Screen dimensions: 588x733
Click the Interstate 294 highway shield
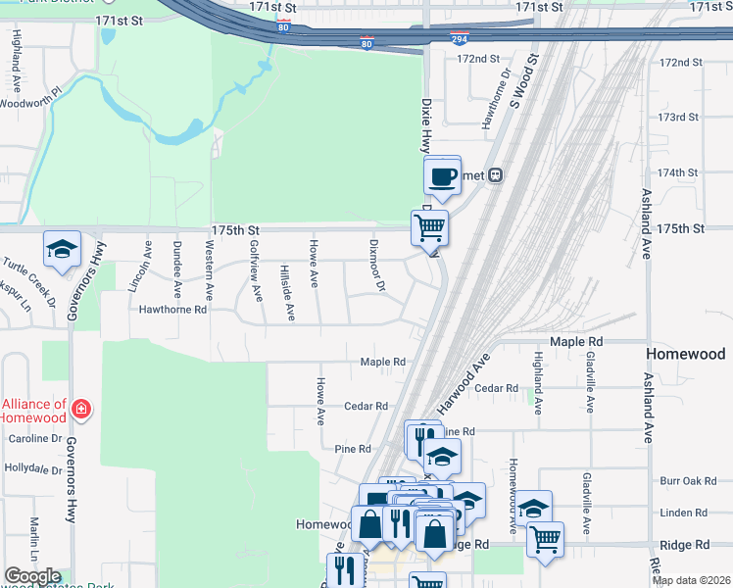click(460, 38)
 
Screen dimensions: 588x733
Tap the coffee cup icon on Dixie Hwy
click(443, 176)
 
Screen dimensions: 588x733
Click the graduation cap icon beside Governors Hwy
click(62, 250)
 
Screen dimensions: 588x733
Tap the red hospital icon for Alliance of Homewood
click(81, 409)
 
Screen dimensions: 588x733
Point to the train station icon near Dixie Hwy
click(496, 175)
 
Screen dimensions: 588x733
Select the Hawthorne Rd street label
click(172, 309)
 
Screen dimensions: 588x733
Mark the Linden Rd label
click(683, 513)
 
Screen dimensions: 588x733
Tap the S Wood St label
click(526, 82)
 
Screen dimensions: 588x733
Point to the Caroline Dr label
click(35, 439)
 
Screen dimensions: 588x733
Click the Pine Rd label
click(352, 449)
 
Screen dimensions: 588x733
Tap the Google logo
click(32, 577)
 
